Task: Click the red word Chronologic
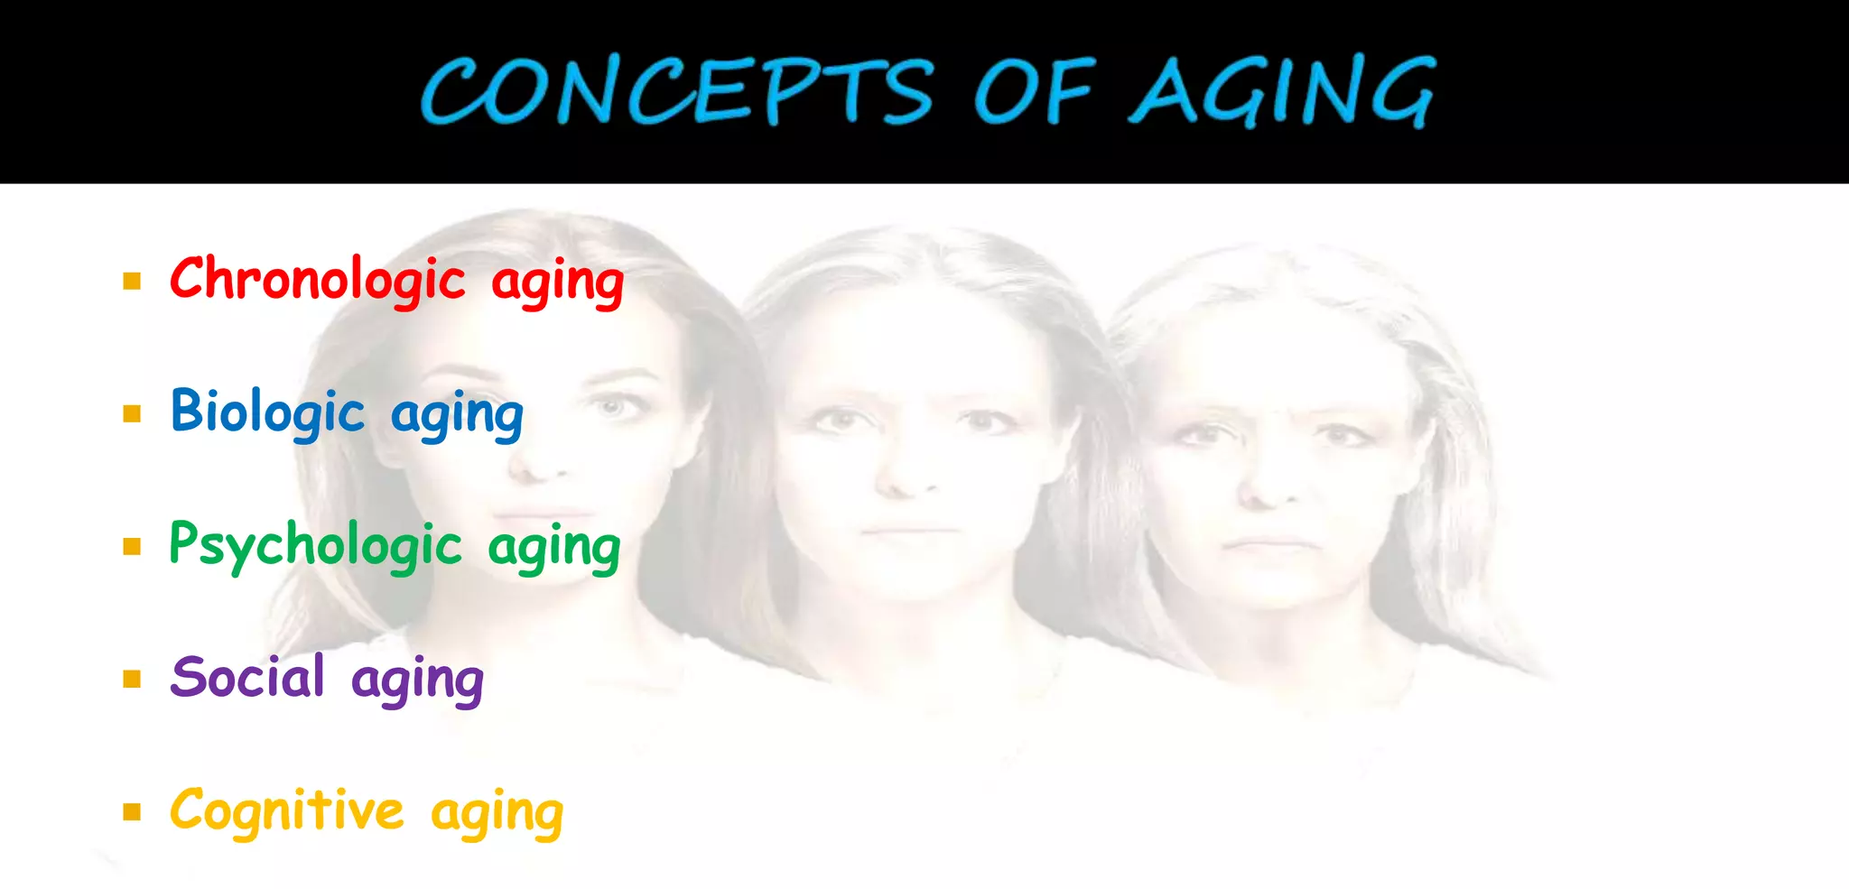318,279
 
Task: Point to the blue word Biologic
267,412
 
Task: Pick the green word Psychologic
316,546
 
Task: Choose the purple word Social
247,677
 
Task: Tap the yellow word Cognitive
287,810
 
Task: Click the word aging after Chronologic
558,282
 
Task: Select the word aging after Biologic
457,416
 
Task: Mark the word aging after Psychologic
554,549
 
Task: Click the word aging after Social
417,681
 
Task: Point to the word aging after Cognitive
497,814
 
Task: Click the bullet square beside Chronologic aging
133,281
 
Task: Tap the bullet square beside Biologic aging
133,413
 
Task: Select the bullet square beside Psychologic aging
133,546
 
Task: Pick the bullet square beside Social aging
133,679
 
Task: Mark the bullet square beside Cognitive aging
133,811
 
